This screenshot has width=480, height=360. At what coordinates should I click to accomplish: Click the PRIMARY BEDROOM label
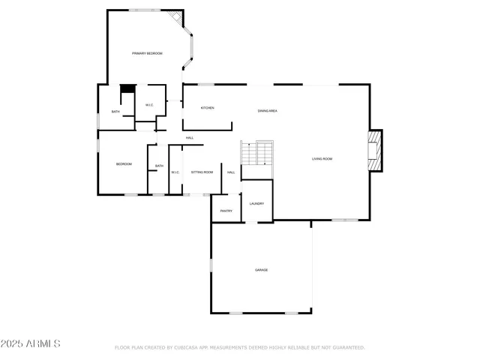(x=147, y=53)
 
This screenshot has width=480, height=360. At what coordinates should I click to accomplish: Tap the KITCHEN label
(x=207, y=108)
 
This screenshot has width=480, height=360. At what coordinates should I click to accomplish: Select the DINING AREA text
(x=268, y=111)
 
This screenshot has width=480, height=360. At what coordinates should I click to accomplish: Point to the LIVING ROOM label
(x=322, y=159)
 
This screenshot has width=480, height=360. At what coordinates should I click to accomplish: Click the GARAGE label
(x=261, y=270)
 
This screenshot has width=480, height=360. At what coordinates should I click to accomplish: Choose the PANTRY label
(x=226, y=211)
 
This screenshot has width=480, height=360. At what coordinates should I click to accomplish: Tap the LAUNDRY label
(x=256, y=203)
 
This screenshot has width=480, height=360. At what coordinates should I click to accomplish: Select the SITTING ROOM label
(x=202, y=172)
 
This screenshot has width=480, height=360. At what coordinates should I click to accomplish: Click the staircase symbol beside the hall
(x=256, y=154)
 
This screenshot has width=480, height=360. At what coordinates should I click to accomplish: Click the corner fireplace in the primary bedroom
(x=175, y=17)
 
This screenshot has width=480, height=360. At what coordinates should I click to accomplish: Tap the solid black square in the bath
(x=127, y=88)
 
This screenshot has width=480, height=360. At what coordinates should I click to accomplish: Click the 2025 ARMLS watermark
(x=31, y=343)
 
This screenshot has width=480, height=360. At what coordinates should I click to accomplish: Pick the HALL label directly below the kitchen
(x=190, y=138)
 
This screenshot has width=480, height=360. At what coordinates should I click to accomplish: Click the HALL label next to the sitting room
(x=231, y=172)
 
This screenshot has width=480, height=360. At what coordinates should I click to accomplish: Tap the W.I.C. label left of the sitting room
(x=175, y=172)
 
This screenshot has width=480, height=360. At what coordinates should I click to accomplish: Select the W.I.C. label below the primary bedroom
(x=149, y=105)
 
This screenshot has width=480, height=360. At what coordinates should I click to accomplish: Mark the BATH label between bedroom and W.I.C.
(x=159, y=166)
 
